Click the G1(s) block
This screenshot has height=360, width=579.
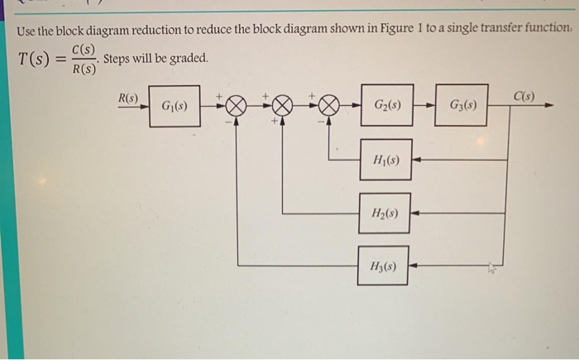pos(175,107)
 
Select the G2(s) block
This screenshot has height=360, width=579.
pos(387,106)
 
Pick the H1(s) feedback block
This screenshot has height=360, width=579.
pos(386,160)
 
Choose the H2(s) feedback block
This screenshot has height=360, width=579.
pos(385,213)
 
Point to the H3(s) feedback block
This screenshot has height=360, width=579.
pos(383,266)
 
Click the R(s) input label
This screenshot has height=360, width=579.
pos(128,98)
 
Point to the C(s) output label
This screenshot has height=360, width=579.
pos(523,96)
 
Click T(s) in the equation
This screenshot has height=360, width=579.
pos(34,60)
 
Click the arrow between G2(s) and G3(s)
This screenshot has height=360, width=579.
pos(424,107)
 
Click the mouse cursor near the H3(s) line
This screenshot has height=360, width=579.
pos(493,267)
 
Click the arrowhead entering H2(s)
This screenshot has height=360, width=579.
pos(416,213)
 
